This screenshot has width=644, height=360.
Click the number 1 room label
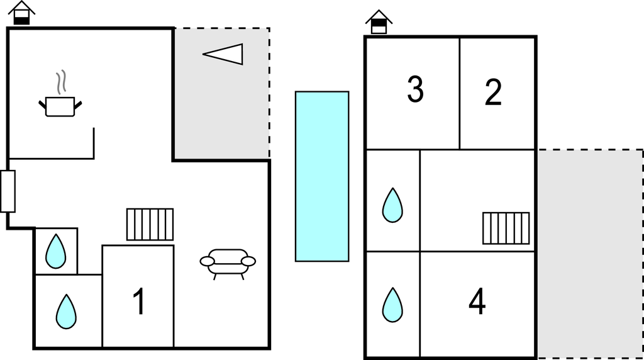pyautogui.click(x=139, y=301)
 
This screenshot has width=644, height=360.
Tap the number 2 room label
pyautogui.click(x=494, y=92)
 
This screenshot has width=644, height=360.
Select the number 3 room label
pyautogui.click(x=415, y=89)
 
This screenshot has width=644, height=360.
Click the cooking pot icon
pyautogui.click(x=60, y=106)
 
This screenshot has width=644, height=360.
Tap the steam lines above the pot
pyautogui.click(x=61, y=82)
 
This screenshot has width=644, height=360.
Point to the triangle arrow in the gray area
pyautogui.click(x=225, y=54)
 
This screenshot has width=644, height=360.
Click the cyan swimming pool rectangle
pyautogui.click(x=322, y=176)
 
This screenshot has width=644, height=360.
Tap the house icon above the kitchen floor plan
pyautogui.click(x=22, y=13)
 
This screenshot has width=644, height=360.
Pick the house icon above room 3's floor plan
pyautogui.click(x=379, y=22)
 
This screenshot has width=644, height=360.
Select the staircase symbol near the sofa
pyautogui.click(x=150, y=224)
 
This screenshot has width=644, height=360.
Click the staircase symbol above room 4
pyautogui.click(x=506, y=228)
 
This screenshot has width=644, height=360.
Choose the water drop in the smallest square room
pyautogui.click(x=56, y=251)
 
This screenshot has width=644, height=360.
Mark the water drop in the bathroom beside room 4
pyautogui.click(x=392, y=305)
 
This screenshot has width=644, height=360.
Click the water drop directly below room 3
pyautogui.click(x=392, y=205)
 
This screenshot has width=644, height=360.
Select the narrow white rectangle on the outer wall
pyautogui.click(x=8, y=191)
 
